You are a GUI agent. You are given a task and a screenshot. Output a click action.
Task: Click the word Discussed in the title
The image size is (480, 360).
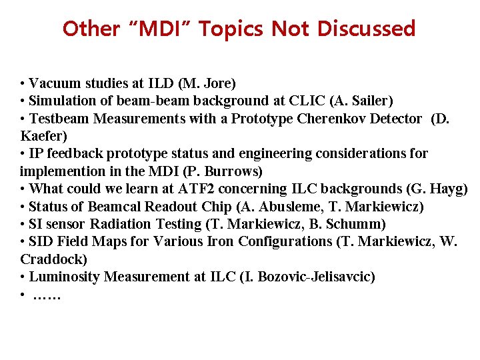[366, 29]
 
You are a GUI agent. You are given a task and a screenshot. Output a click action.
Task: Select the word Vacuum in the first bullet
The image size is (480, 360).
[55, 84]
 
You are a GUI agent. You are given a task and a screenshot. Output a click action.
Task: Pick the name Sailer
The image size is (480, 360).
[371, 101]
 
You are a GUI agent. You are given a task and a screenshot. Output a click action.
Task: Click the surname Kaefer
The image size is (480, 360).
[41, 136]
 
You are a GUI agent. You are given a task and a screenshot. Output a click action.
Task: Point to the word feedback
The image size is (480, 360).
[69, 153]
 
